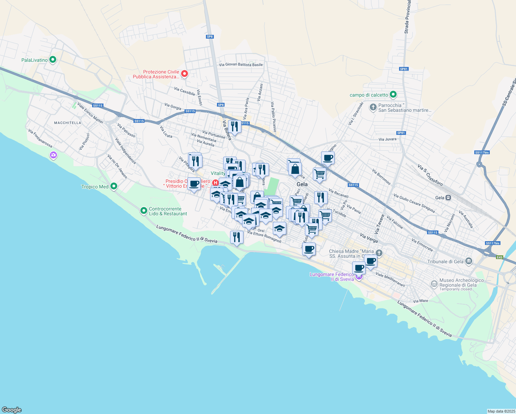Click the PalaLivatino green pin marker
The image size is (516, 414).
pos(52,60)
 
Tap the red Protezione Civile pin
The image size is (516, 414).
pos(185,73)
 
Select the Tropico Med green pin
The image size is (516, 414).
pos(113,187)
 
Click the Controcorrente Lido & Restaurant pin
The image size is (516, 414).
pos(144,210)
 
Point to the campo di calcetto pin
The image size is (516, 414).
pos(393,95)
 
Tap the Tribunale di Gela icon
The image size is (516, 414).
pos(468,261)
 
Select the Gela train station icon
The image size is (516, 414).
pos(448,198)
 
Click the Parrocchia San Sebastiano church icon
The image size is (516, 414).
pos(373,107)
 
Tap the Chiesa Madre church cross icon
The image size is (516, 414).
pos(379,253)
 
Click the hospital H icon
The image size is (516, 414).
pos(215,183)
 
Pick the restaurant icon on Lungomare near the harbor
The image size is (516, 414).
pos(237,237)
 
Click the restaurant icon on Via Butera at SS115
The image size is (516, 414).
pos(235,126)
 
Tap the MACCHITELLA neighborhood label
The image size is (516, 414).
pos(68,123)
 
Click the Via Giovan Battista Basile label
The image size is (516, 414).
pos(241,65)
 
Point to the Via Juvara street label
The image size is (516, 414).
pos(387,139)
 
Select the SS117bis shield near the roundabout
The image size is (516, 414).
pos(482,152)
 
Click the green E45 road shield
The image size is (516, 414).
pos(499,257)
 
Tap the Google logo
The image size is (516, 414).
pos(12,410)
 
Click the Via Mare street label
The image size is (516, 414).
pos(420,301)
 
